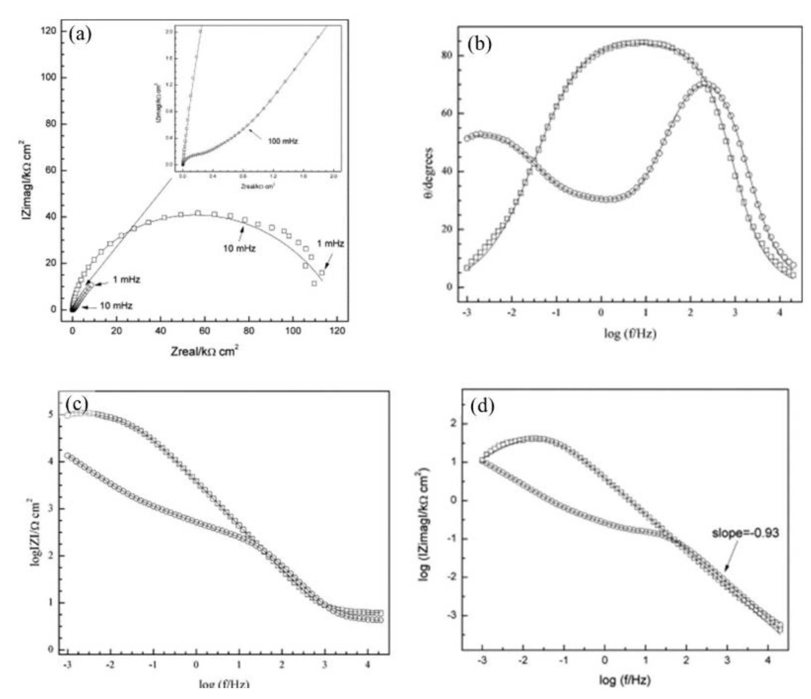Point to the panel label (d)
pyautogui.click(x=482, y=407)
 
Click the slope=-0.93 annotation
pyautogui.click(x=745, y=533)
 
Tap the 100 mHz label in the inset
pyautogui.click(x=282, y=141)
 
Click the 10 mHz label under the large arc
pyautogui.click(x=239, y=248)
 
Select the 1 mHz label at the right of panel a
pyautogui.click(x=330, y=244)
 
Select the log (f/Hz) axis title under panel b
pyautogui.click(x=630, y=334)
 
